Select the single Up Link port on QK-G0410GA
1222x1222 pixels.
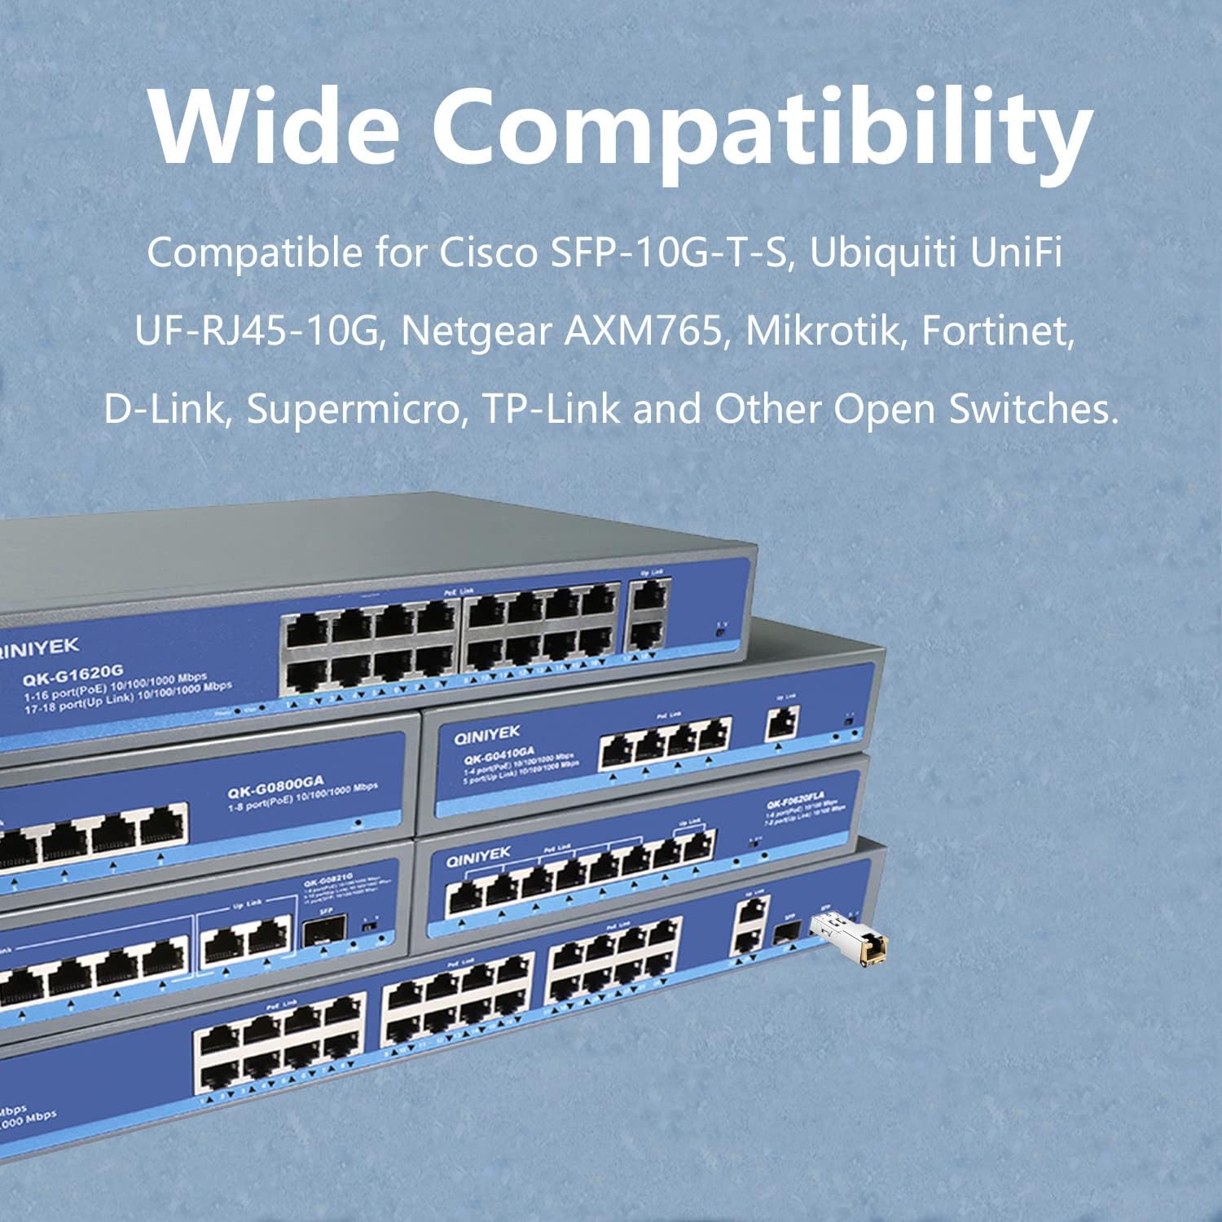(782, 722)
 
